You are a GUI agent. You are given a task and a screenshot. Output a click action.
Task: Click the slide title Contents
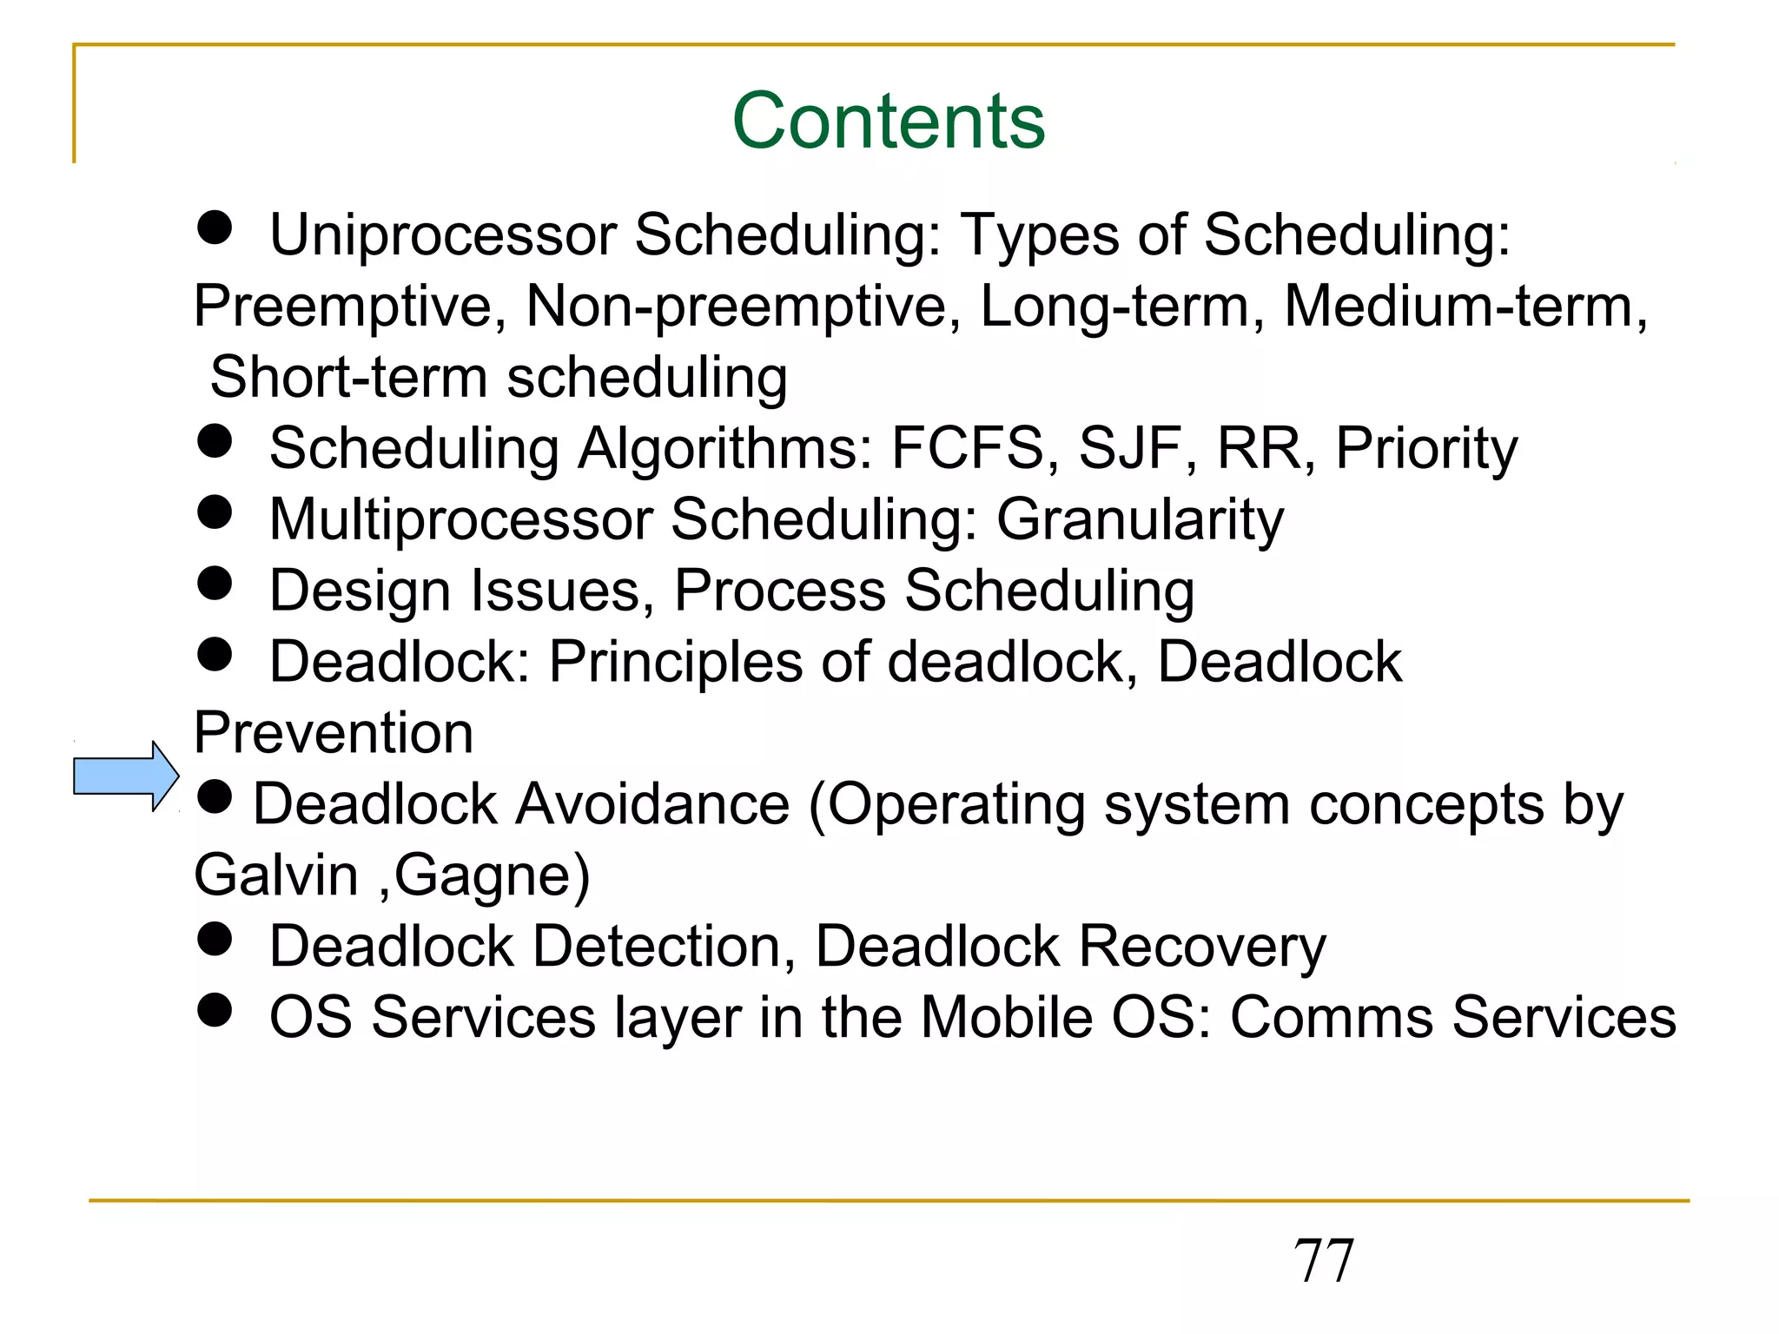tap(889, 121)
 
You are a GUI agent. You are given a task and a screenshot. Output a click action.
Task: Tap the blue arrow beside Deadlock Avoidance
tap(125, 776)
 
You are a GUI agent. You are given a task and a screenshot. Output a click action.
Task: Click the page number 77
tap(1323, 1260)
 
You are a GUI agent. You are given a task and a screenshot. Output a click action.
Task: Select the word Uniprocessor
tap(443, 235)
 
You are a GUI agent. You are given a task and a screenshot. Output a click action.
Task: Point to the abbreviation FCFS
tap(967, 449)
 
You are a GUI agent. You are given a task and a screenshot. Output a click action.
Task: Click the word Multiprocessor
tap(460, 520)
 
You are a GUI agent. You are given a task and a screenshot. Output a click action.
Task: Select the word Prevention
tap(334, 733)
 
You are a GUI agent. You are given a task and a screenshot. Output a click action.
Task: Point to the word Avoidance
tap(652, 804)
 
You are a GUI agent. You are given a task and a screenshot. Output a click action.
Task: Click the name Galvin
tap(276, 875)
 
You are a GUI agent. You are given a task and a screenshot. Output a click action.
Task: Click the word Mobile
tap(1007, 1017)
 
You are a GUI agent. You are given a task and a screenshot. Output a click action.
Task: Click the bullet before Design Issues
tap(215, 584)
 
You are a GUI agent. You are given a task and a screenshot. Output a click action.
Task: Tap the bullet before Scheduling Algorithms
tap(215, 441)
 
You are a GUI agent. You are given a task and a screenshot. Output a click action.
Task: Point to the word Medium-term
tap(1465, 307)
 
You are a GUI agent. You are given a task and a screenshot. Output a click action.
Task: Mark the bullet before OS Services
tap(215, 1010)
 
